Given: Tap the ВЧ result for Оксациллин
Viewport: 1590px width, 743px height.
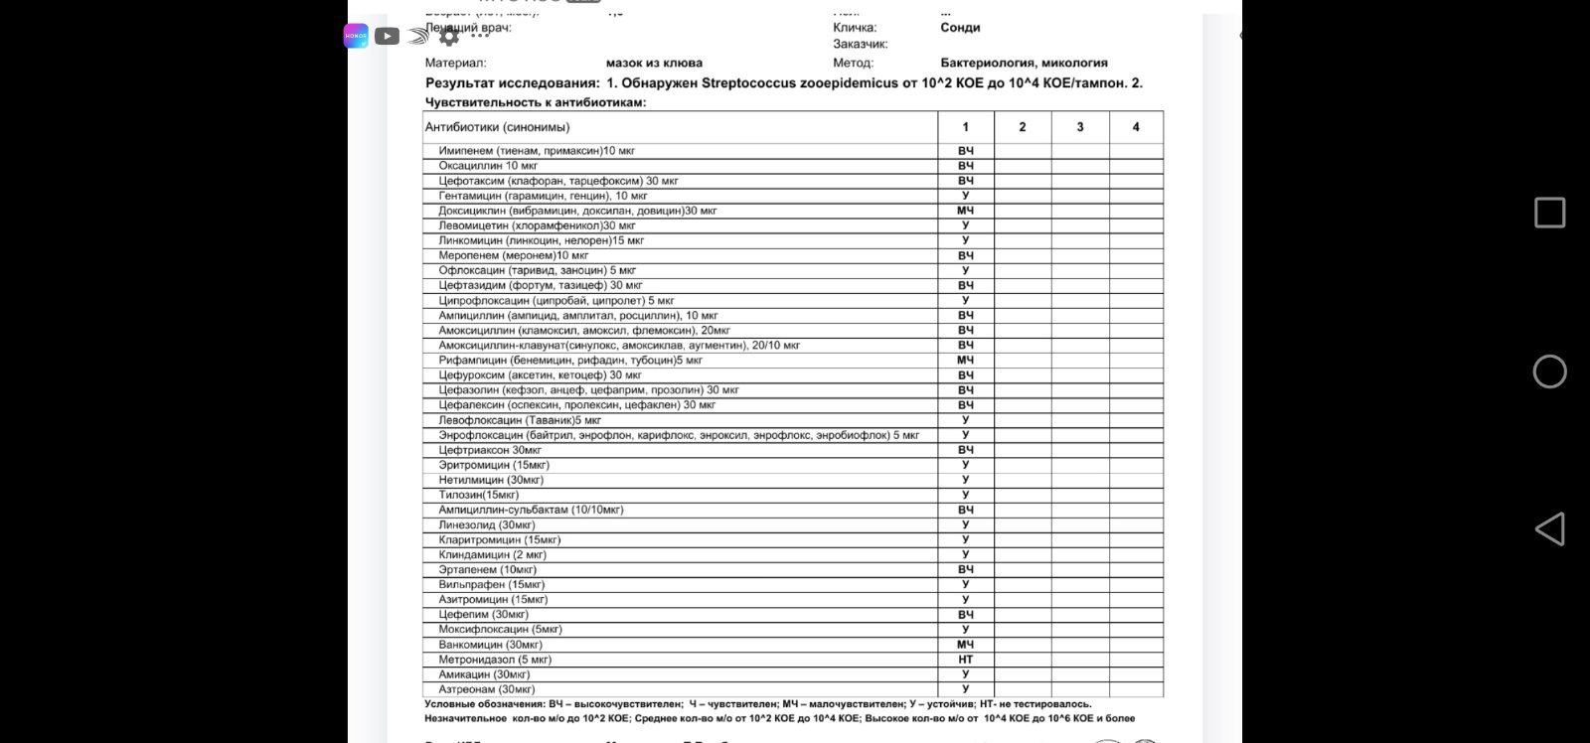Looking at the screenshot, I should (x=966, y=166).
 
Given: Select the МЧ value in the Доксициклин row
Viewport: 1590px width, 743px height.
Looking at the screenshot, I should (x=966, y=211).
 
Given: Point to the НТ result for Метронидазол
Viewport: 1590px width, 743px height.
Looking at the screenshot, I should (x=966, y=660).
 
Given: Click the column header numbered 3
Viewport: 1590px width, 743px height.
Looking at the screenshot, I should (x=1080, y=127).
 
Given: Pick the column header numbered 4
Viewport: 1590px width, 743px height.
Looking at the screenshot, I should (x=1136, y=127).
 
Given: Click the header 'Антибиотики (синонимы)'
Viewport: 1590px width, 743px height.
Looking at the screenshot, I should (x=498, y=127).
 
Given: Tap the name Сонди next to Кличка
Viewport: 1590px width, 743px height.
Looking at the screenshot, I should (x=960, y=28).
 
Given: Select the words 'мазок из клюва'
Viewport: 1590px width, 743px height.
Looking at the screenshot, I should (x=654, y=63).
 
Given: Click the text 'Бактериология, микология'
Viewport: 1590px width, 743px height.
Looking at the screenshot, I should (x=1024, y=63).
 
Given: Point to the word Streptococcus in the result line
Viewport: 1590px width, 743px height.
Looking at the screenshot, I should (x=748, y=83).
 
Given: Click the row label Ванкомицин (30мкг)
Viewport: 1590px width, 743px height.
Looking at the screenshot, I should (x=491, y=645).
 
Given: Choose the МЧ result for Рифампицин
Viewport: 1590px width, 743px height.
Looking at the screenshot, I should (x=966, y=360).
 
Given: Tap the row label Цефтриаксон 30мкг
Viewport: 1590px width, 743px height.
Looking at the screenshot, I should (x=490, y=450).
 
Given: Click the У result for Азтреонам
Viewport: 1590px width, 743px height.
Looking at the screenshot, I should (x=966, y=689).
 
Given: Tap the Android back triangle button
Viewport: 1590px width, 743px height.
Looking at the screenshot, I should (x=1549, y=529).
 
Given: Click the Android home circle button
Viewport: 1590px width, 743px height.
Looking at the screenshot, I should (x=1549, y=371).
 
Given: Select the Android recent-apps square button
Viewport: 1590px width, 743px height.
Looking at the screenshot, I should (x=1549, y=213).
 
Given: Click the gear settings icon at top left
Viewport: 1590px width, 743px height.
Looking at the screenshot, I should (x=449, y=37).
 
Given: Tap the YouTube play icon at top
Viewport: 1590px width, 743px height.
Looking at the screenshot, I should (x=388, y=37).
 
